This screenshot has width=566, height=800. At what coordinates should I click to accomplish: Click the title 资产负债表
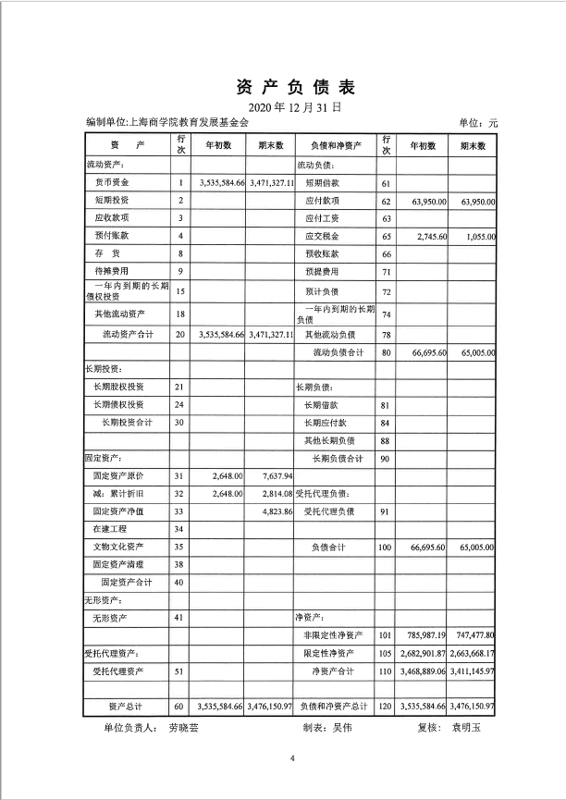[282, 88]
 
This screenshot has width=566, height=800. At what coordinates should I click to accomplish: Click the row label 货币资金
[112, 182]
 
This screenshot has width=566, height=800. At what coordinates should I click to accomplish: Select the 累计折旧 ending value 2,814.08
[271, 493]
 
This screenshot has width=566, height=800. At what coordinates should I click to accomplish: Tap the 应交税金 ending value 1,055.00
[477, 237]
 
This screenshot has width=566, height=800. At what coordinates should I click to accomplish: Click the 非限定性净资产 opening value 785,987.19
[424, 635]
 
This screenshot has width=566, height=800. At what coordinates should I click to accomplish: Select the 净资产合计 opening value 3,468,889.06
[423, 671]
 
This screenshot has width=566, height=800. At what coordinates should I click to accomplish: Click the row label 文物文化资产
[118, 547]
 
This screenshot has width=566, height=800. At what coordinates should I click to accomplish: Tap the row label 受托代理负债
[324, 511]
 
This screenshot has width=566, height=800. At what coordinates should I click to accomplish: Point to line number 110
[386, 671]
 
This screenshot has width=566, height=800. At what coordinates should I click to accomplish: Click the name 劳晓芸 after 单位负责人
[183, 728]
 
